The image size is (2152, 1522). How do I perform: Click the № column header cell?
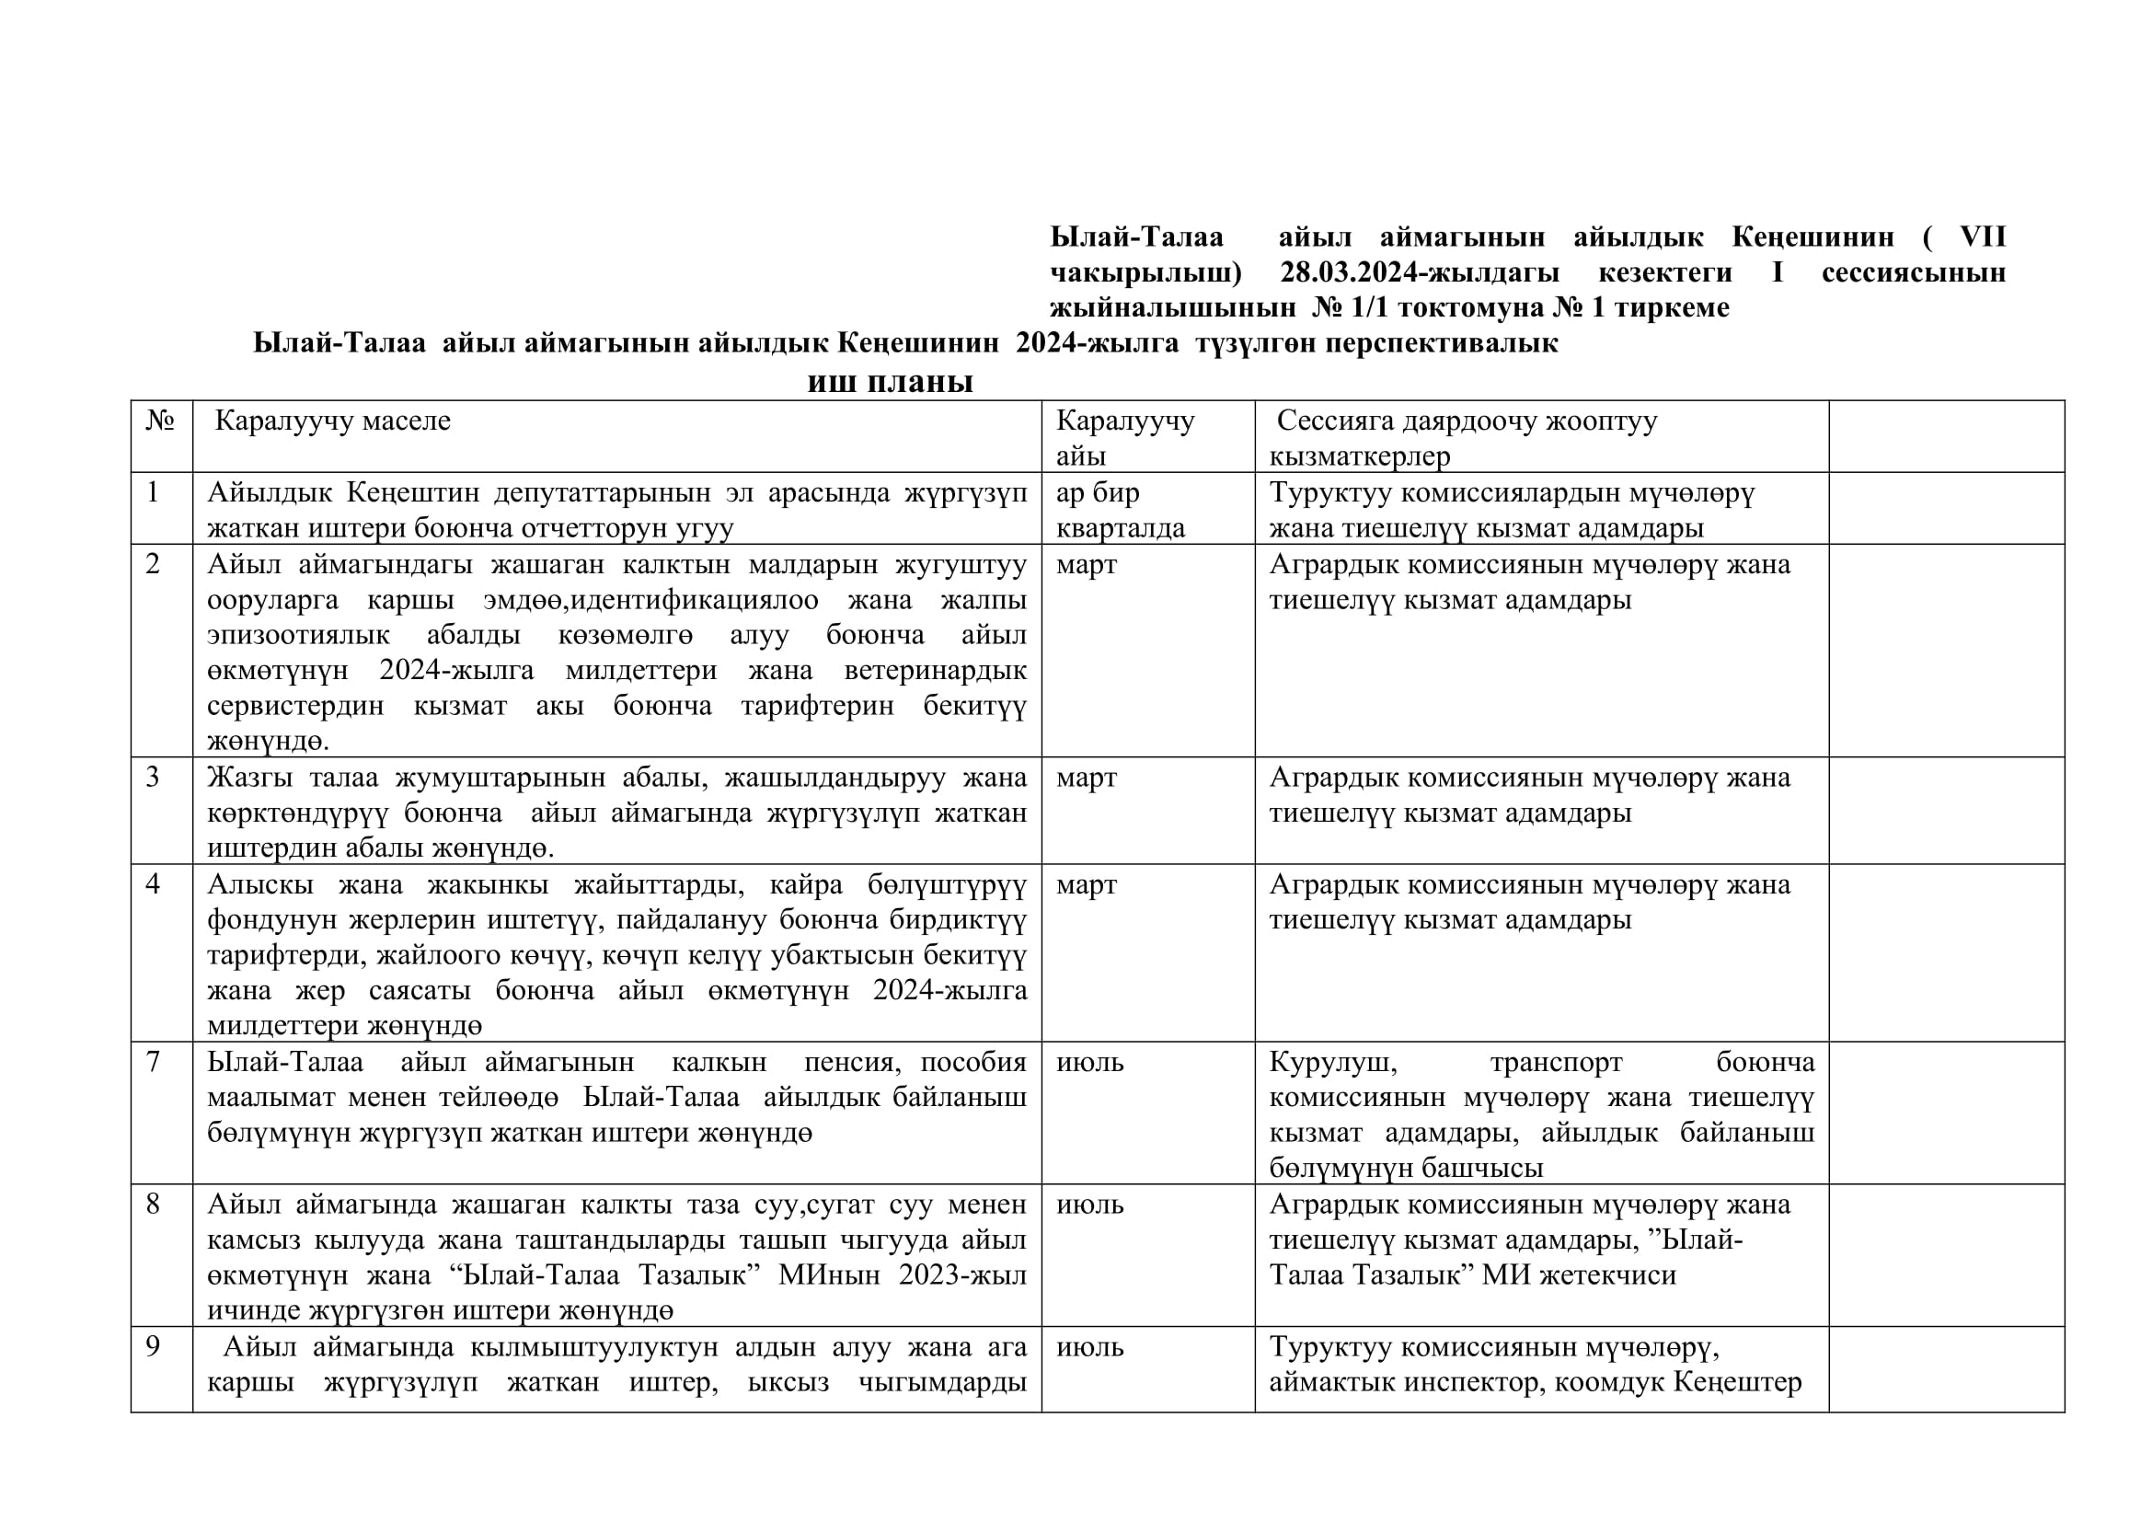click(160, 421)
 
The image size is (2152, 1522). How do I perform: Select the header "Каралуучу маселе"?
click(332, 421)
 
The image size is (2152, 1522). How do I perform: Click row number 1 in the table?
click(153, 492)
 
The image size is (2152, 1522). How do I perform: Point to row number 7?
click(153, 1062)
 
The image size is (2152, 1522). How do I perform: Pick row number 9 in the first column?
click(153, 1347)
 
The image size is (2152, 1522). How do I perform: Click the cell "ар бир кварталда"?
click(1120, 510)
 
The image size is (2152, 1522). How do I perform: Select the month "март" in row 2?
click(1087, 564)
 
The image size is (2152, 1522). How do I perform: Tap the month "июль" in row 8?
click(1089, 1205)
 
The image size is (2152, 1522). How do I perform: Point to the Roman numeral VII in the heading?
click(1982, 237)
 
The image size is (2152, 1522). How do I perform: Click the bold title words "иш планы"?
click(890, 382)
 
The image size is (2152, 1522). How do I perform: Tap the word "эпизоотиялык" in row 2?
click(298, 636)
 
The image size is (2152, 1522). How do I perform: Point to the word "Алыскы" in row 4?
click(259, 884)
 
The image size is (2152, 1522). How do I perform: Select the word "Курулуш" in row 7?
click(1332, 1062)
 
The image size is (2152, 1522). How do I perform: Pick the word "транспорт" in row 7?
click(1556, 1062)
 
